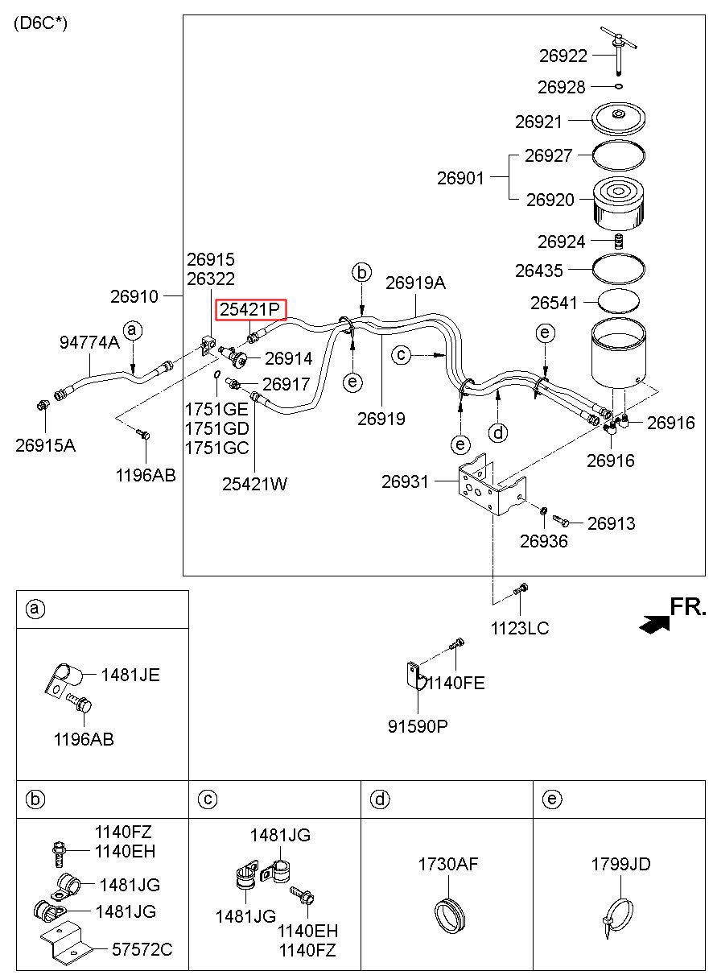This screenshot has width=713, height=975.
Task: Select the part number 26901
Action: [x=460, y=178]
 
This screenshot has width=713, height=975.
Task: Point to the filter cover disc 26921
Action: [x=618, y=118]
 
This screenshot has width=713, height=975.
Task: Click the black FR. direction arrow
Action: [x=654, y=624]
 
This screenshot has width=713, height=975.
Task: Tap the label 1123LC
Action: [x=520, y=628]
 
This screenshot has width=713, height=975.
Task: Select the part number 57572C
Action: [x=142, y=949]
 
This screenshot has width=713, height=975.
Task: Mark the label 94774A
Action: [x=89, y=342]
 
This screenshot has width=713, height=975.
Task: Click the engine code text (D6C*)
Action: [x=40, y=23]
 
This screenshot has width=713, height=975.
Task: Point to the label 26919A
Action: [x=415, y=283]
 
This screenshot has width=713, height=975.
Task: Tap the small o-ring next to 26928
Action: [x=619, y=86]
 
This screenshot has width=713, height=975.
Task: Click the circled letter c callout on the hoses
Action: [x=401, y=355]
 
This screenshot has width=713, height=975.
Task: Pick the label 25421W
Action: [x=254, y=484]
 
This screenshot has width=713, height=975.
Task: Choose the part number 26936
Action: [x=544, y=541]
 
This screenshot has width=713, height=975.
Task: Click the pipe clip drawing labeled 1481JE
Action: [x=64, y=678]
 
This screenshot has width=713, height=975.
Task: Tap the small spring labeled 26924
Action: [x=617, y=242]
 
